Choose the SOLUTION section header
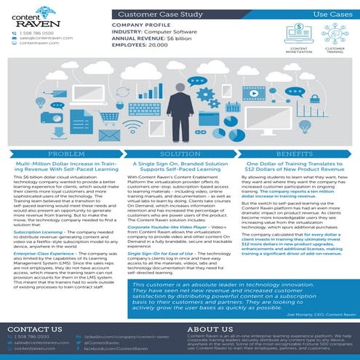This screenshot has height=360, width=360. tap(179, 156)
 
